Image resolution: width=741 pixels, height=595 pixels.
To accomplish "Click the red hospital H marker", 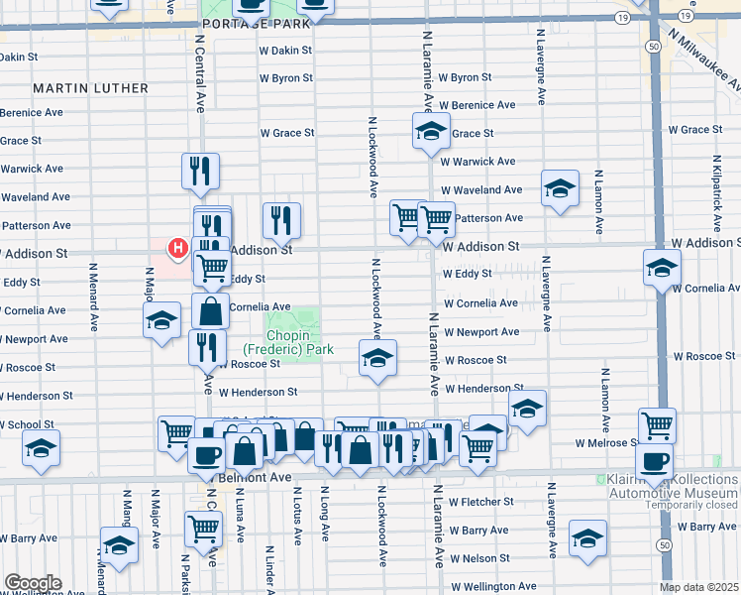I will [x=178, y=247].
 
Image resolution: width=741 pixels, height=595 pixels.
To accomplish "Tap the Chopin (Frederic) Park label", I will [x=288, y=341].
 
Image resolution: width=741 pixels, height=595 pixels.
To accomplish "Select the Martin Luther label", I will [x=91, y=88].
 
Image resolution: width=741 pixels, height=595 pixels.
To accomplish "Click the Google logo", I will [x=32, y=583].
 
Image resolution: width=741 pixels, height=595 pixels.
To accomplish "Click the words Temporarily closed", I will [x=686, y=505].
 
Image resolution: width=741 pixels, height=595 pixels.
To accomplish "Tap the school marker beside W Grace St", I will [x=431, y=131].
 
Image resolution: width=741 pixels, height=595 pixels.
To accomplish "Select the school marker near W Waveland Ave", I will [x=560, y=188].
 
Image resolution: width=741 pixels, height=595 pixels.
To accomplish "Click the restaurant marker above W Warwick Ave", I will [x=200, y=171].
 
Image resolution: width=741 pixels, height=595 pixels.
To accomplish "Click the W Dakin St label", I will [x=285, y=49].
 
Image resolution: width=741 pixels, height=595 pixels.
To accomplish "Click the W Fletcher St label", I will [x=479, y=502].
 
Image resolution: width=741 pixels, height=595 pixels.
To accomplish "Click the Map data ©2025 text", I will [x=699, y=587].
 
